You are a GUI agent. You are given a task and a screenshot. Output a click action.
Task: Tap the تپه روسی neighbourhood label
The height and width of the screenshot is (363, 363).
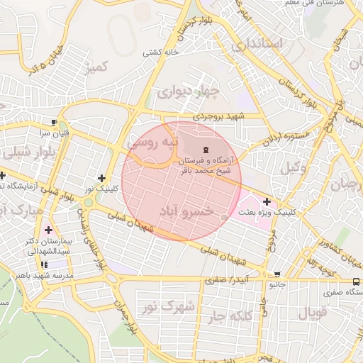pyautogui.click(x=150, y=143)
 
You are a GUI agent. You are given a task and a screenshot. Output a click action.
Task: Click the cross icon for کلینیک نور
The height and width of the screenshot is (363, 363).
pyautogui.click(x=102, y=178)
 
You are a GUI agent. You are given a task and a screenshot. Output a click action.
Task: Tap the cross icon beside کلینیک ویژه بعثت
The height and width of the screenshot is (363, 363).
pyautogui.click(x=267, y=202)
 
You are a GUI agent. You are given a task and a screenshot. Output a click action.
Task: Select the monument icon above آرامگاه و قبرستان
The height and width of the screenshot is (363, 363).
pyautogui.click(x=206, y=149)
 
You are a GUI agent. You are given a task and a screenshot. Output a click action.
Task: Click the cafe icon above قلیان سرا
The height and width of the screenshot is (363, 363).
pyautogui.click(x=54, y=121)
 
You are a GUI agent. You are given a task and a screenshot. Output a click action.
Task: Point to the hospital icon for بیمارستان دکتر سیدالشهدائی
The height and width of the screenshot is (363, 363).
pyautogui.click(x=48, y=230)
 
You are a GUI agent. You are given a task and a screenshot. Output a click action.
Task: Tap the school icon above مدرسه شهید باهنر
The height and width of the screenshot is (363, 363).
pyautogui.click(x=44, y=264)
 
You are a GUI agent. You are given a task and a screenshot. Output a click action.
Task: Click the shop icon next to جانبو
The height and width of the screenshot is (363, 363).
pyautogui.click(x=277, y=274)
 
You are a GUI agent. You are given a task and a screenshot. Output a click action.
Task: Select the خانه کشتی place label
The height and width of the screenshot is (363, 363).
pyautogui.click(x=160, y=52)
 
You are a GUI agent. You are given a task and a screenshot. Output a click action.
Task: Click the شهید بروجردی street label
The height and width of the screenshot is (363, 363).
pyautogui.click(x=220, y=116)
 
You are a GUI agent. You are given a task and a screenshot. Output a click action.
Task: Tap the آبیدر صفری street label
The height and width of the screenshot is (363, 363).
pyautogui.click(x=228, y=280)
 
